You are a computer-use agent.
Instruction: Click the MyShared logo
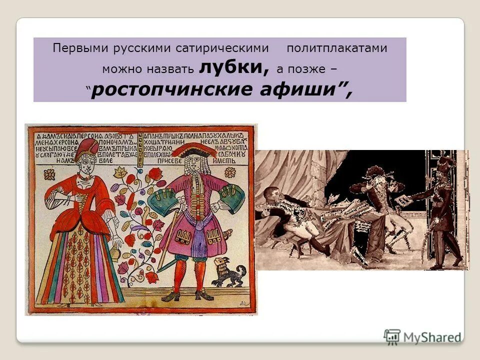pos(422,336)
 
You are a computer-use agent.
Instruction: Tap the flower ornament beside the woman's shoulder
pos(50,174)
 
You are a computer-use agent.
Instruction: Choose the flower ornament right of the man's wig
pos(230,172)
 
